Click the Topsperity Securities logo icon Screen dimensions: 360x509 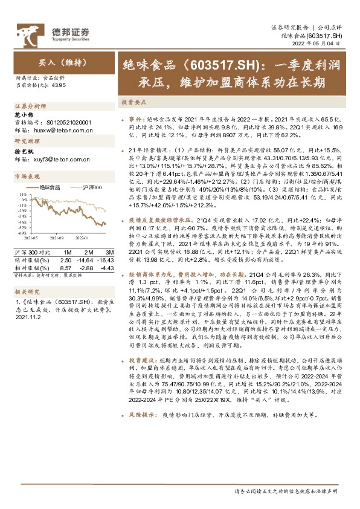point(30,30)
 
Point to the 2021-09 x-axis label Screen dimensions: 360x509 point(57,238)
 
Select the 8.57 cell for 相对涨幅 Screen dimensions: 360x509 point(66,267)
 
